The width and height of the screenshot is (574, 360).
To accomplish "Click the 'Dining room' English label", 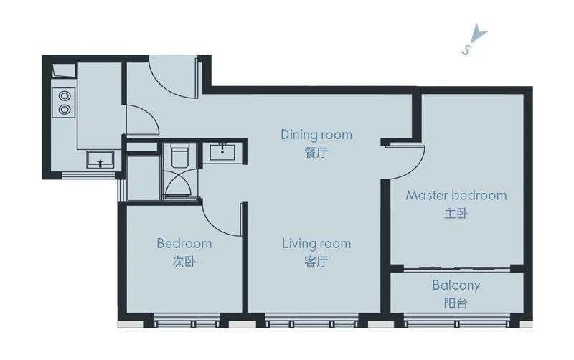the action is pos(316,135).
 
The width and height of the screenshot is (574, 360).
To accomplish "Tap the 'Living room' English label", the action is pos(316,244).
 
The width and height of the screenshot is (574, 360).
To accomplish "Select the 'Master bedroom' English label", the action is pos(456,195).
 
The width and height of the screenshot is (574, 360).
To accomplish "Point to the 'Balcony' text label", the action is pos(456,285).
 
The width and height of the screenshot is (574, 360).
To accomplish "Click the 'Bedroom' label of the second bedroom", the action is pos(184,244).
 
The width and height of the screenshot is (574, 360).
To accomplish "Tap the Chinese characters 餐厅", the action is pos(316,153).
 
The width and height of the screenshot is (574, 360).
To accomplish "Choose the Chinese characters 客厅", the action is pos(316,261).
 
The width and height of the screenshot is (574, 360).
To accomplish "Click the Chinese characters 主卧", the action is pos(456,213).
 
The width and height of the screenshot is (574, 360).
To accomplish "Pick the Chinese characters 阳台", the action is pos(456,303).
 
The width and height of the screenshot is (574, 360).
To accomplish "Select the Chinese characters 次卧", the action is pos(184,261).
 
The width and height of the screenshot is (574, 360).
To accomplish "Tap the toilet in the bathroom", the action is pos(180,155).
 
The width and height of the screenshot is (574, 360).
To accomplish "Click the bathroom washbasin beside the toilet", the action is pos(222,152).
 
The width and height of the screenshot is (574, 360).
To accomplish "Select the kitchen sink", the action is pos(100,160).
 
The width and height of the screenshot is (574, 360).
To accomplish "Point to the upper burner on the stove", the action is pos(65,96).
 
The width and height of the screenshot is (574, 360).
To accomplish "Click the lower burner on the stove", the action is pos(65,109).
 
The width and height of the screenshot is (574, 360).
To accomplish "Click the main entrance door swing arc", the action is pos(166,85).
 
